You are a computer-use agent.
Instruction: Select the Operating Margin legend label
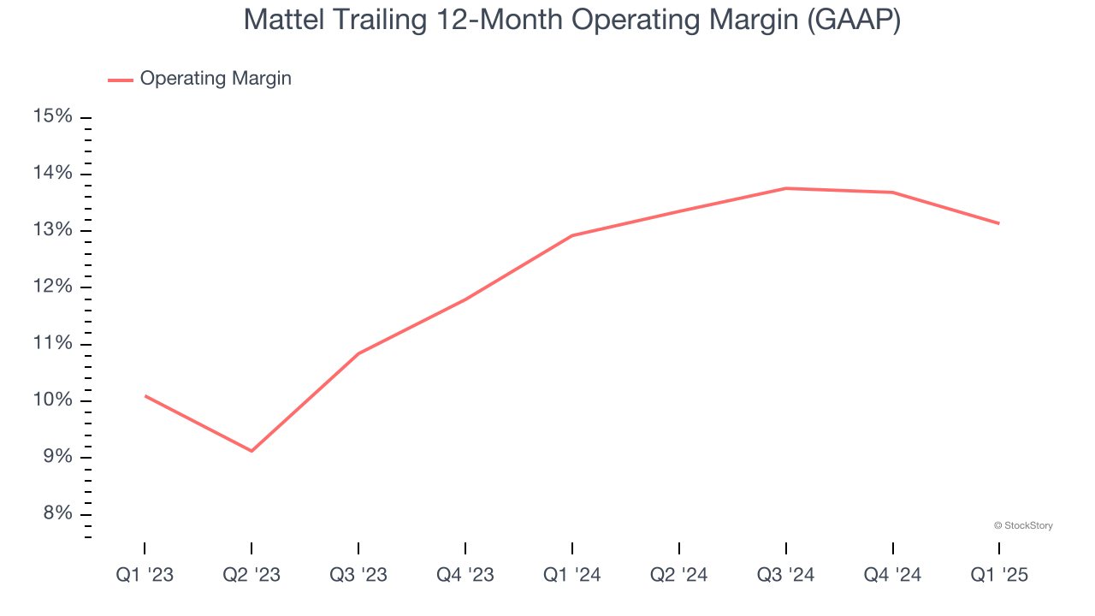216,79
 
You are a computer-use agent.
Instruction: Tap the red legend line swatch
120,80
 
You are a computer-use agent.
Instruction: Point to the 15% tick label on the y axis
53,116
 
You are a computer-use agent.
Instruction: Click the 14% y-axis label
53,174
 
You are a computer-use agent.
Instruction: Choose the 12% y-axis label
53,287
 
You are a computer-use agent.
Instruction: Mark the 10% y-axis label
53,400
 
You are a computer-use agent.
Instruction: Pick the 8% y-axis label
57,513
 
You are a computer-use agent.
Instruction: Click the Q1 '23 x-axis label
145,575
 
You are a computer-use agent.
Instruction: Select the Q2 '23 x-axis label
252,575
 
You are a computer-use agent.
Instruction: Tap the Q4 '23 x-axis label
465,575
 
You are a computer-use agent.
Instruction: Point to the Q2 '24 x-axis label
679,575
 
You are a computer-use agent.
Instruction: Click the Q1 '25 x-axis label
999,575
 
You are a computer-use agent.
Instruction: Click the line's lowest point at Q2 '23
252,451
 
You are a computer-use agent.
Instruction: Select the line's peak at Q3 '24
786,188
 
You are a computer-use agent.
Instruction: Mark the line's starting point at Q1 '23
145,395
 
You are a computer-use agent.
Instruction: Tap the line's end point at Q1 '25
998,223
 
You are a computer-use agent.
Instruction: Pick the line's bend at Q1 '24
572,235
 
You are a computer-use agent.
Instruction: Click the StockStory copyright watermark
1023,525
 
